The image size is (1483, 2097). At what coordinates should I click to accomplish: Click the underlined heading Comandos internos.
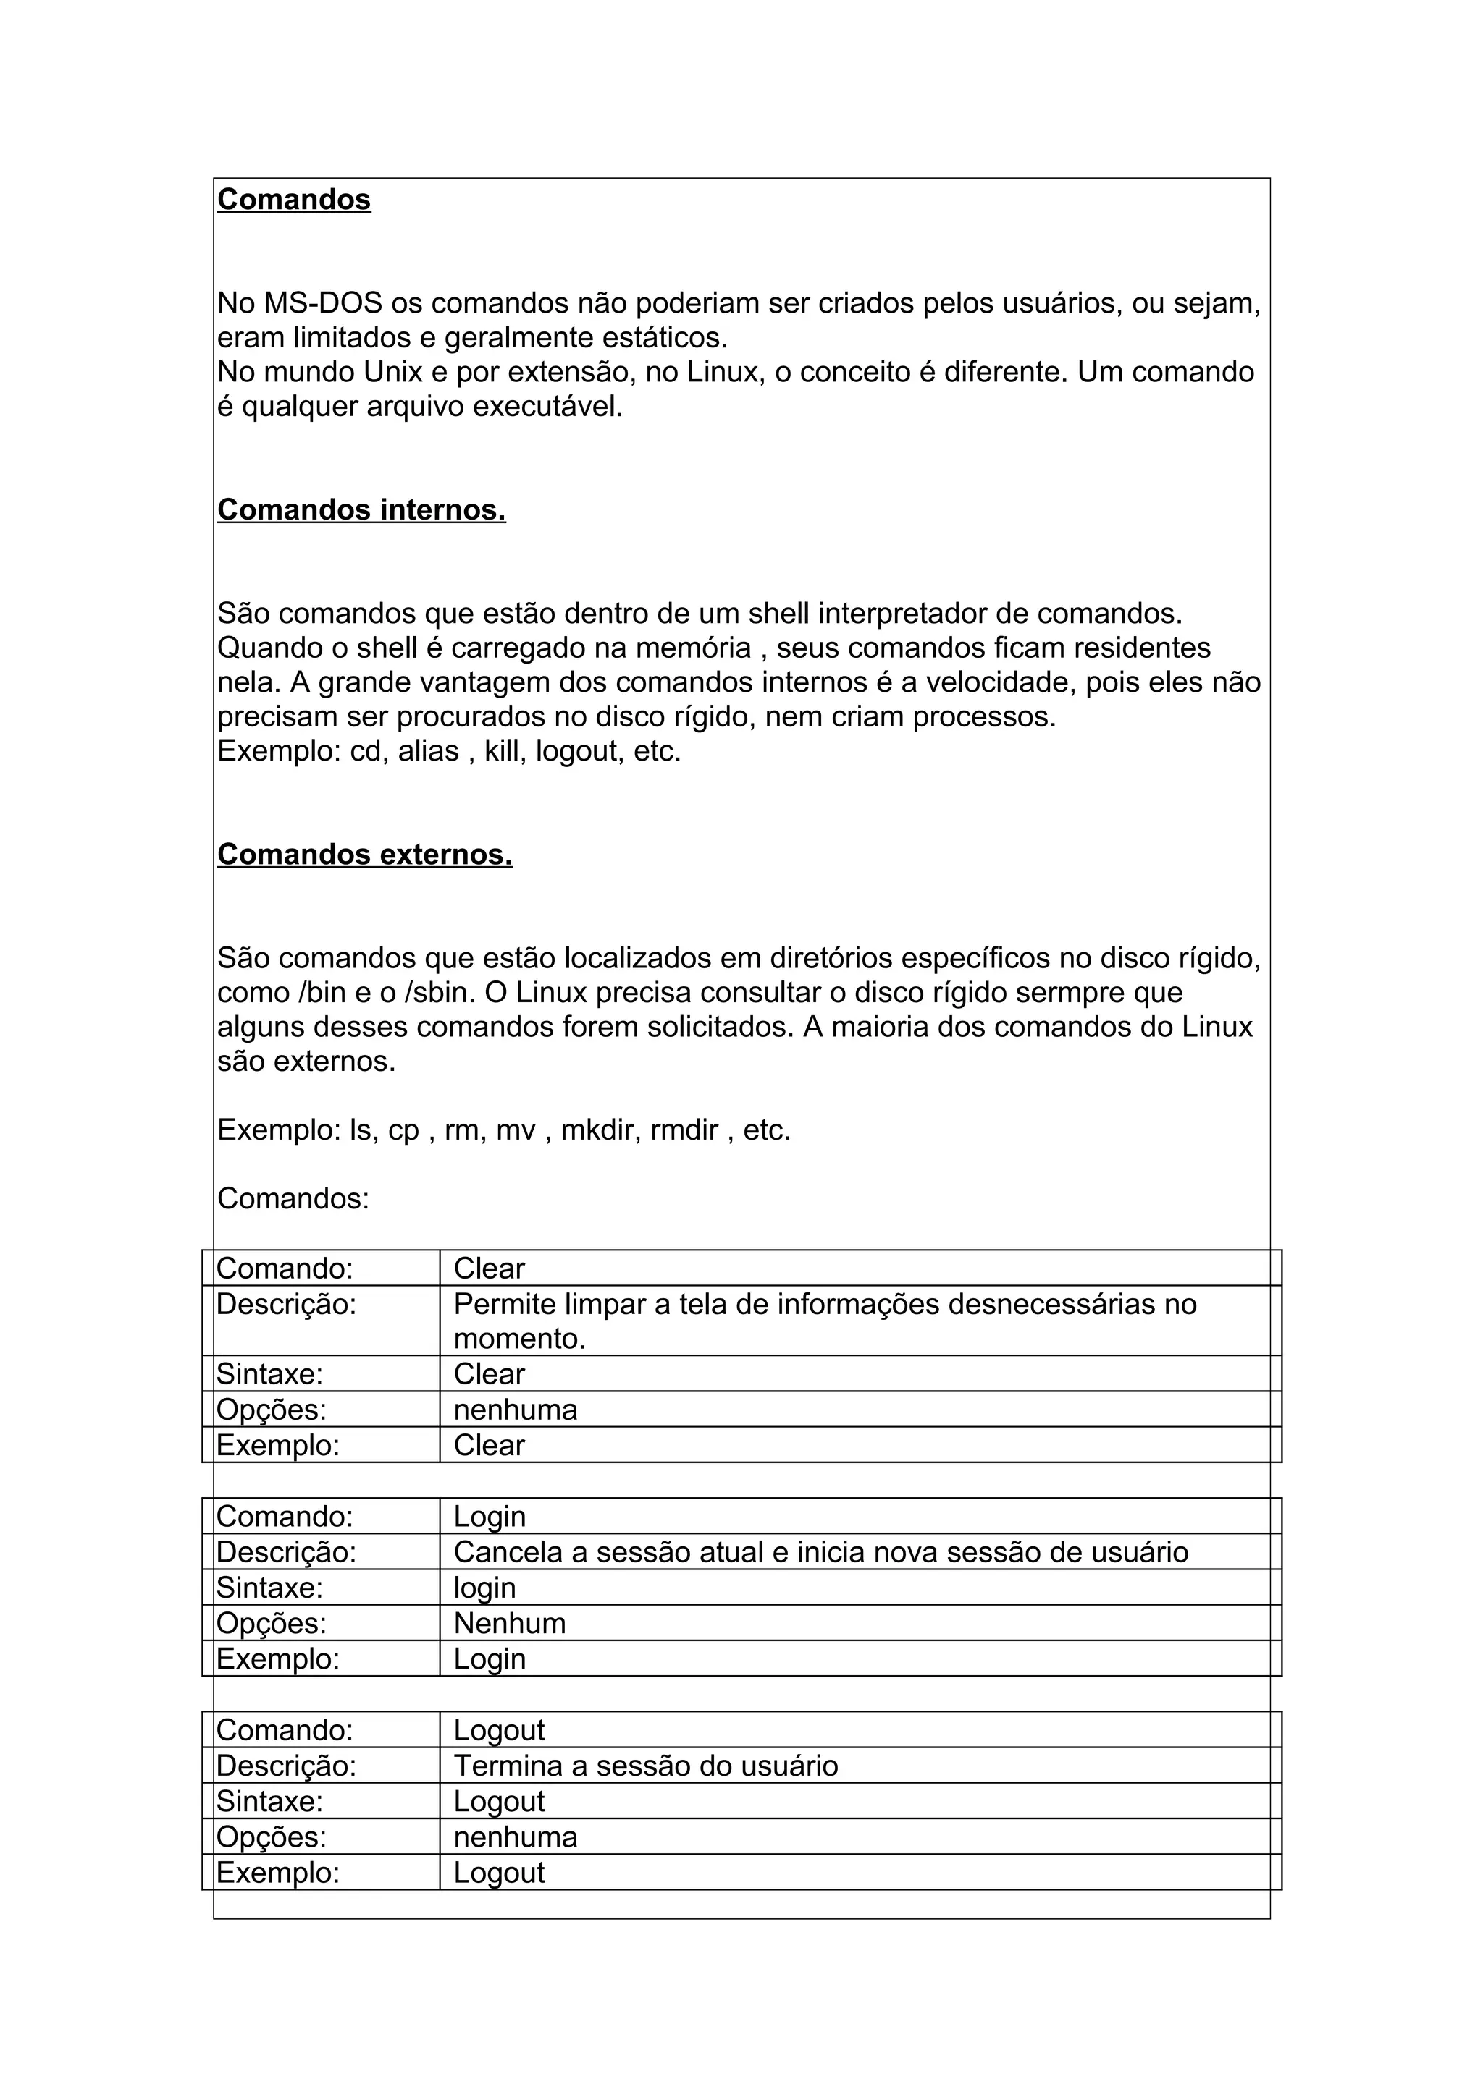[x=361, y=509]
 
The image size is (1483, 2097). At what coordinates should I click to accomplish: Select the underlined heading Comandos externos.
[x=364, y=854]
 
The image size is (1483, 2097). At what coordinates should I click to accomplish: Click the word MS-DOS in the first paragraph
[x=322, y=303]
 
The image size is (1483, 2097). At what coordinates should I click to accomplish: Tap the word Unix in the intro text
[x=393, y=373]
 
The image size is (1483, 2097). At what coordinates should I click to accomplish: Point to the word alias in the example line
[x=428, y=752]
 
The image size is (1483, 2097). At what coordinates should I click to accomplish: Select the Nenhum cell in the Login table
[x=510, y=1623]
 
